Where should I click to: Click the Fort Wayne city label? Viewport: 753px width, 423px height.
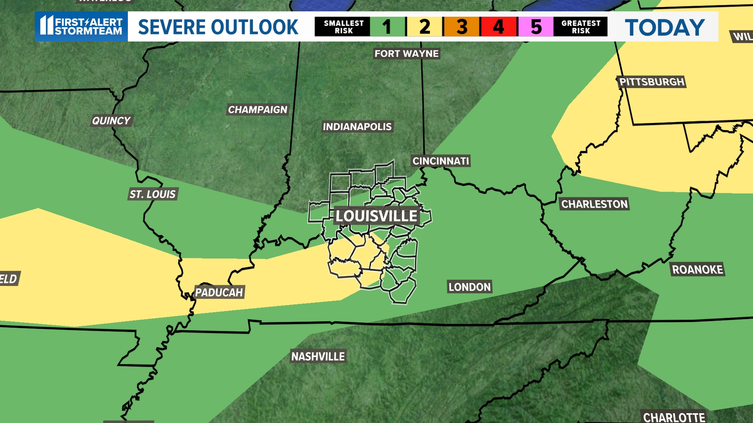point(406,54)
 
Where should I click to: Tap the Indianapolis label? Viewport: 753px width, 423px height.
point(357,127)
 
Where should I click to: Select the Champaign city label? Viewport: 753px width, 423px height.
point(258,110)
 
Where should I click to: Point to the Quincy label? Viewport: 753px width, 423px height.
point(111,121)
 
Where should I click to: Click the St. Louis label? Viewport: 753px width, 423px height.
point(153,194)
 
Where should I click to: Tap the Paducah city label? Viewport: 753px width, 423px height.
point(219,292)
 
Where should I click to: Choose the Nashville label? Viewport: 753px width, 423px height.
point(318,356)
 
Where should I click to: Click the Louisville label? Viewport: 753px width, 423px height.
point(376,216)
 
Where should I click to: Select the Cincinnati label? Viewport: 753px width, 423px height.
point(440,161)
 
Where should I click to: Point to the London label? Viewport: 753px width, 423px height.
point(469,287)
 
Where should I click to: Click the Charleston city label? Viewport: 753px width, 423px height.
point(595,204)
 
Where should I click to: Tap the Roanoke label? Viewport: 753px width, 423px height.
point(697,269)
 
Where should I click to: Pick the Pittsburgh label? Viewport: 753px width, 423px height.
point(651,82)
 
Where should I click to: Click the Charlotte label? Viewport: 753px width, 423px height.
point(674,417)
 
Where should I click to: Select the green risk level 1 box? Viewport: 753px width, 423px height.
point(387,27)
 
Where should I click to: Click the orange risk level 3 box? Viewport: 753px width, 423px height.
point(461,27)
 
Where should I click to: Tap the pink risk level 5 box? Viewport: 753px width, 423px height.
point(536,27)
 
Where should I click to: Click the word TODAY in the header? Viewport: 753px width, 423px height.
point(664,27)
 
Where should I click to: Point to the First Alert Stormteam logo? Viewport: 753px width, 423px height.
point(82,26)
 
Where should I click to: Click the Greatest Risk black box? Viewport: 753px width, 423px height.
point(580,27)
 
